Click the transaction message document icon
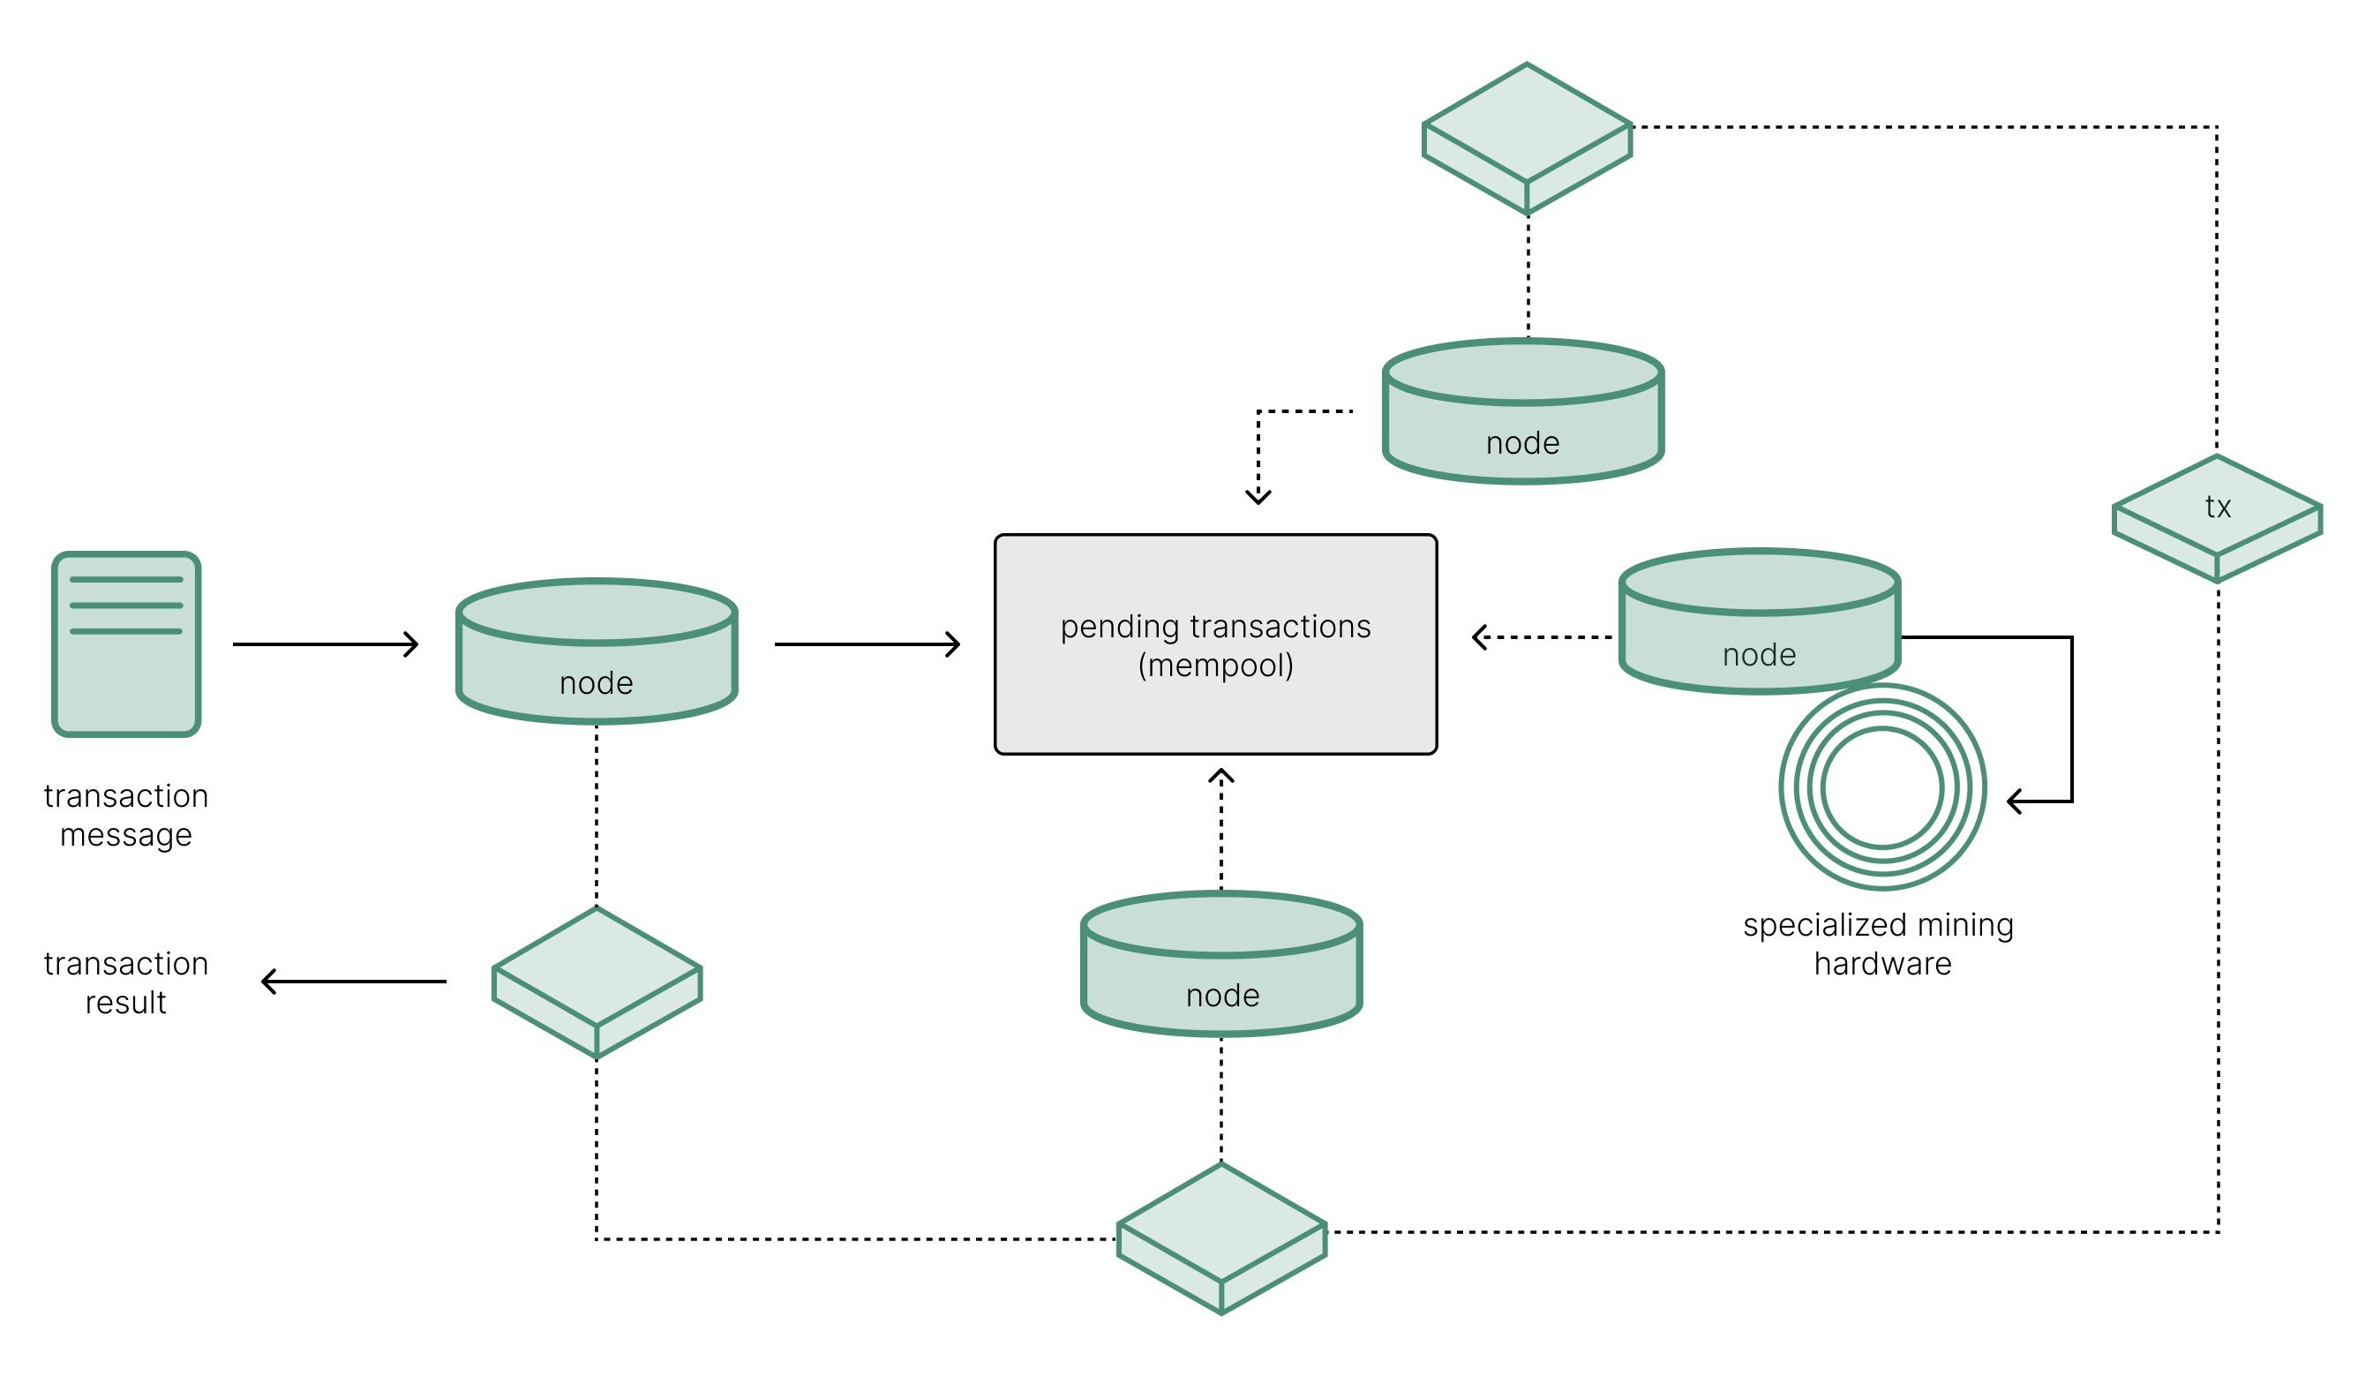click(126, 644)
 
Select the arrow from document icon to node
click(325, 644)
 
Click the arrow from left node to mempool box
click(867, 644)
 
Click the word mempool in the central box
click(1215, 666)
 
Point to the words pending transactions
click(1215, 626)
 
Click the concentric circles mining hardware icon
click(1882, 788)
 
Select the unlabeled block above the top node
click(1527, 139)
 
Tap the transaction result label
click(126, 983)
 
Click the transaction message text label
click(126, 816)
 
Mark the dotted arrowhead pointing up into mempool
click(1221, 775)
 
